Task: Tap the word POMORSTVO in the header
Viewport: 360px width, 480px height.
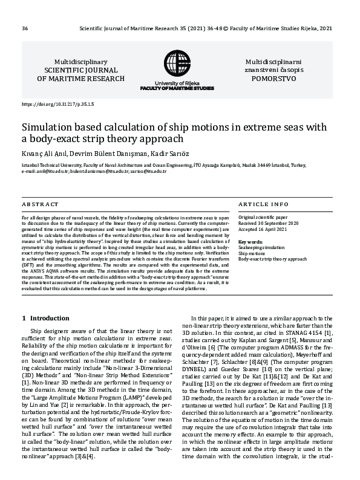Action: pyautogui.click(x=270, y=79)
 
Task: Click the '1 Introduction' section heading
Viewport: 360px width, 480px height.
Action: pyautogui.click(x=45, y=318)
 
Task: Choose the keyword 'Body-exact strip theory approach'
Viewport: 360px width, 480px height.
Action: pyautogui.click(x=273, y=259)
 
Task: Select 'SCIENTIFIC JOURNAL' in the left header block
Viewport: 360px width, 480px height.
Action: pyautogui.click(x=81, y=70)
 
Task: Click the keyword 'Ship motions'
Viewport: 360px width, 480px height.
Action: pyautogui.click(x=252, y=253)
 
